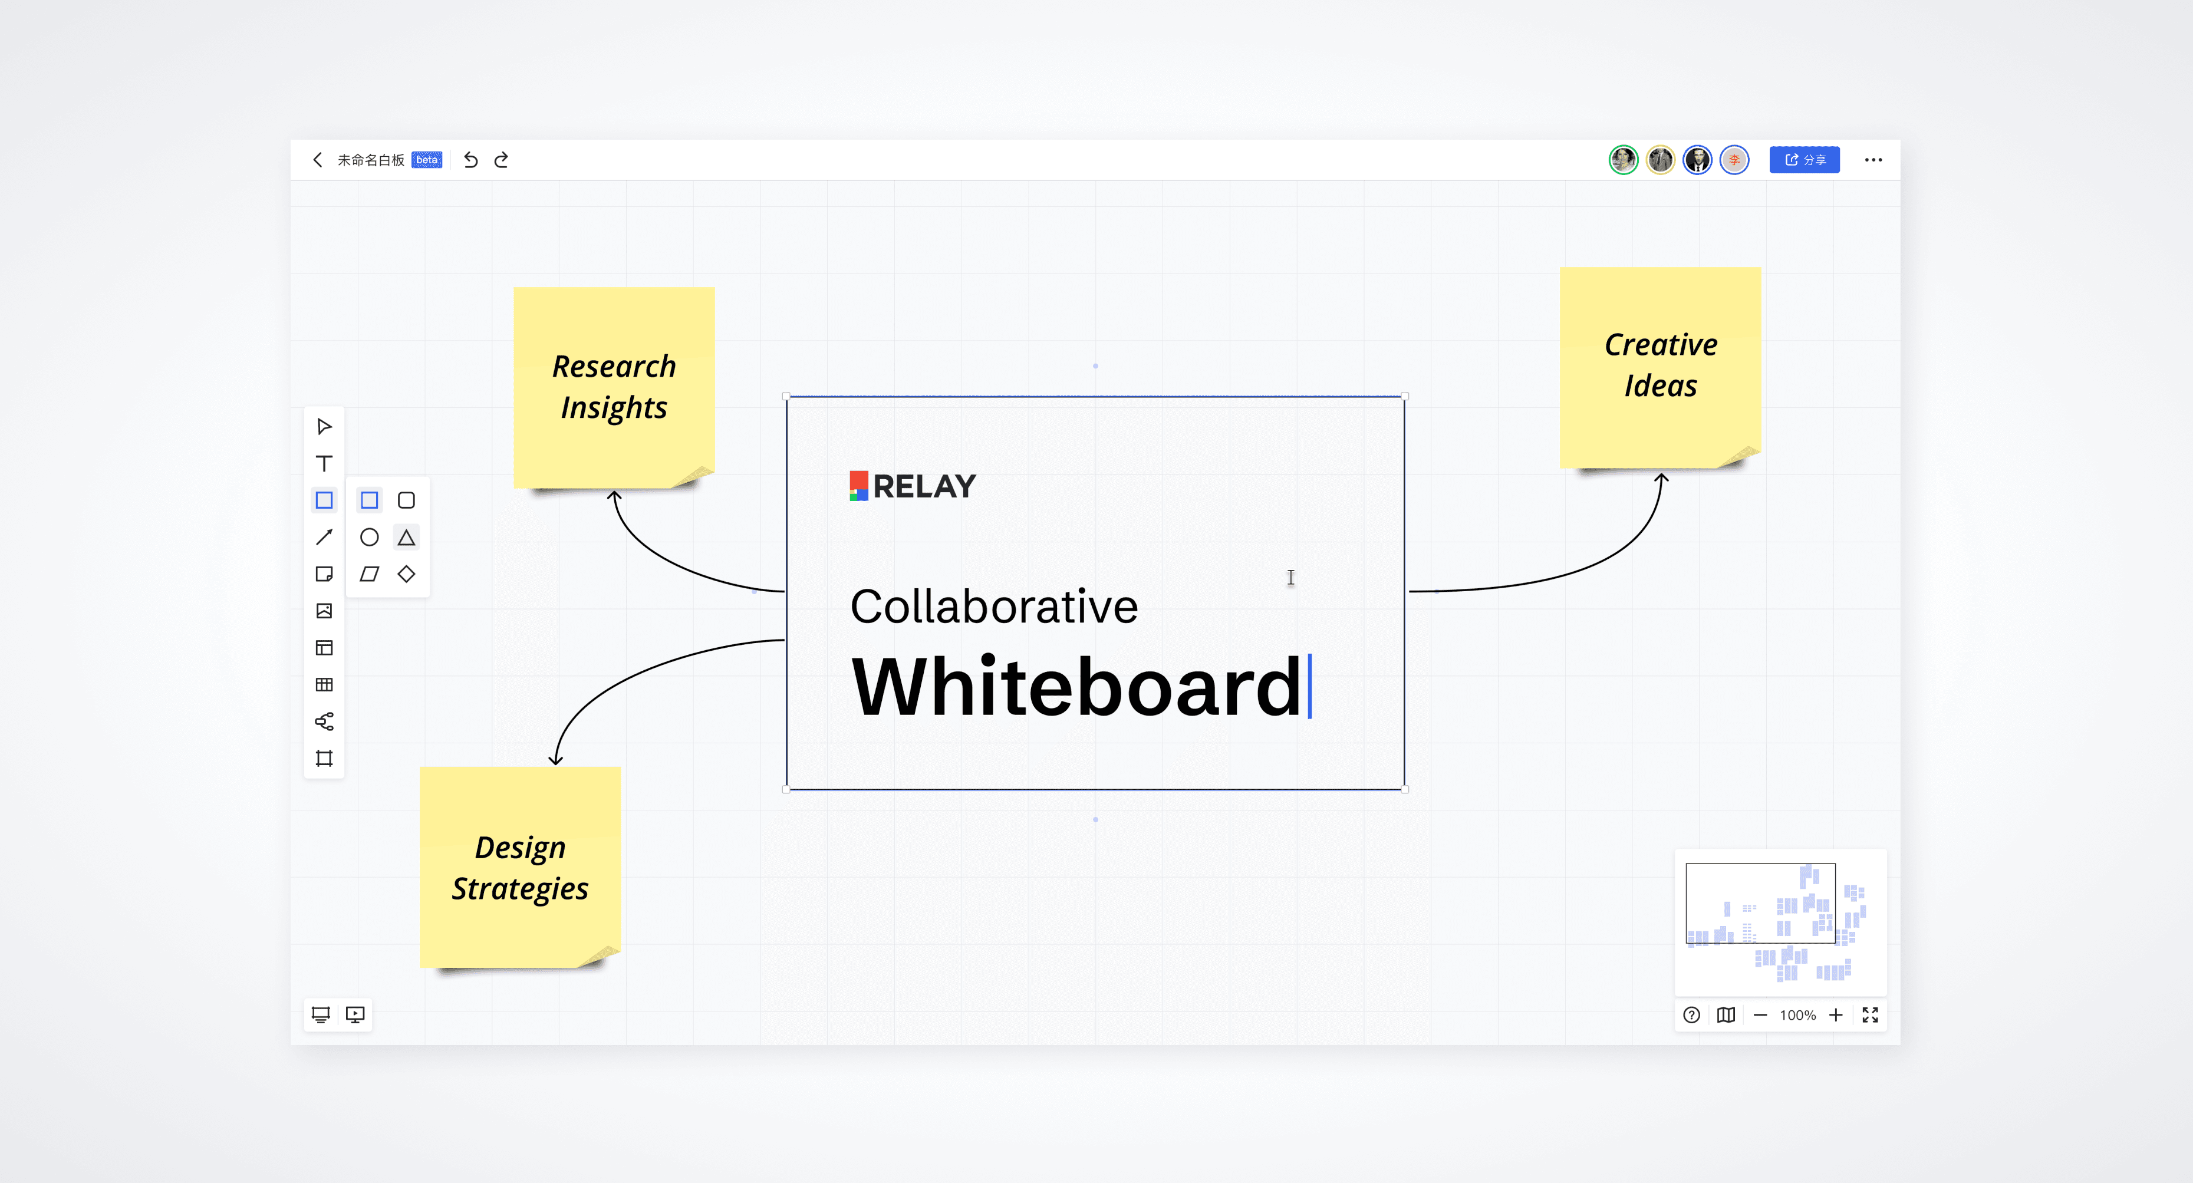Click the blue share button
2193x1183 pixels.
point(1804,160)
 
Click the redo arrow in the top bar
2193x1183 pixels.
point(502,160)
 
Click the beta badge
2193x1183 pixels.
point(426,160)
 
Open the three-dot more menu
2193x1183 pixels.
point(1873,160)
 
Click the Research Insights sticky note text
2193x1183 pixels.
point(614,387)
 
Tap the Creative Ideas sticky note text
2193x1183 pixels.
point(1660,365)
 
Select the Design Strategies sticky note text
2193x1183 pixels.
point(520,868)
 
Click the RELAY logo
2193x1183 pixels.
point(913,486)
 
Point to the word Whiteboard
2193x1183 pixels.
point(1077,687)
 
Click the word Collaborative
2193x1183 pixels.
point(993,607)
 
